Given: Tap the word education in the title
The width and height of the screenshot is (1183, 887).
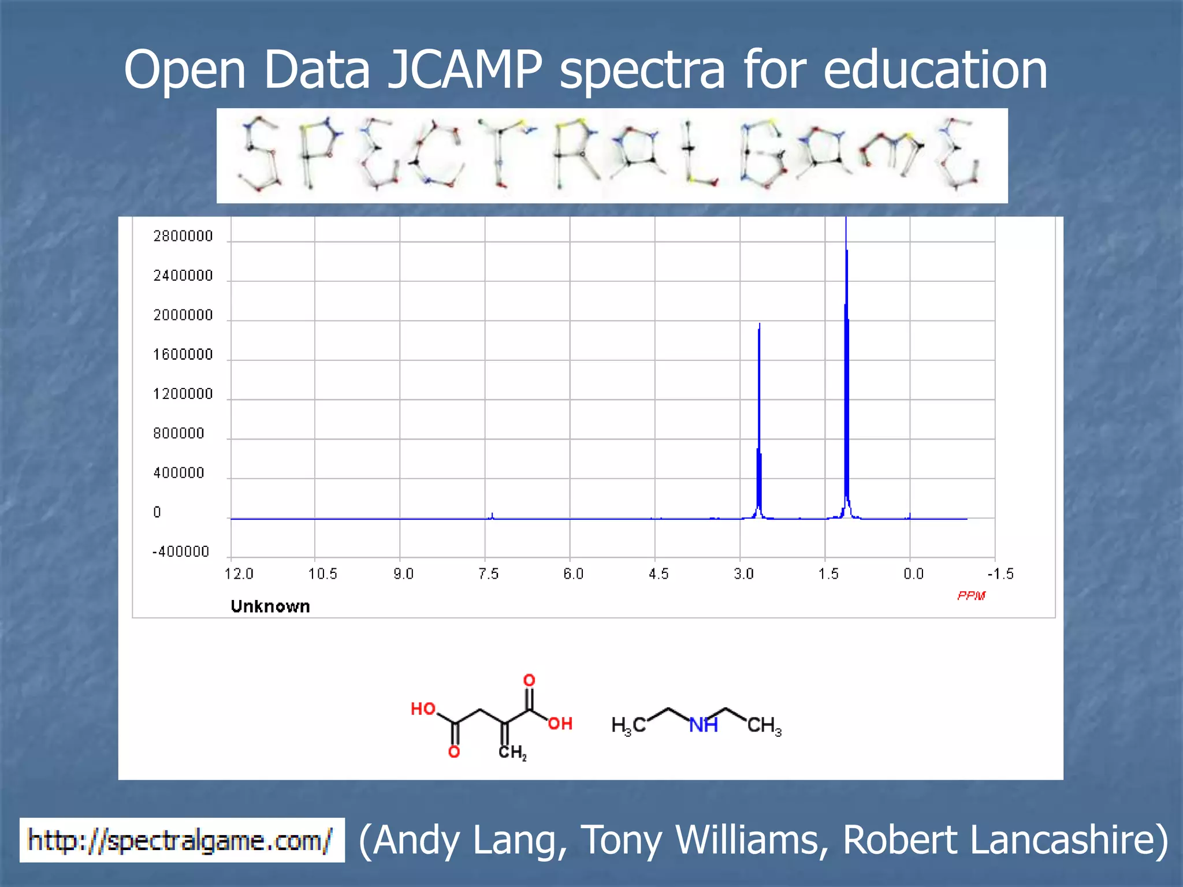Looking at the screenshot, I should tap(935, 70).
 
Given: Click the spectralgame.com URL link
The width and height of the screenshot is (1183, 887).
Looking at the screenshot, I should tap(181, 840).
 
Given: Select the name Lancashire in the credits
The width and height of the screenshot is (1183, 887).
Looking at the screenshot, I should tap(1005, 840).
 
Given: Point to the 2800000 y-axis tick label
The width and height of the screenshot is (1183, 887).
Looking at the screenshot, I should tap(183, 236).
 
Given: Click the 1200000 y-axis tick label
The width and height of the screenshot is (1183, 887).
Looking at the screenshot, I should tap(183, 394).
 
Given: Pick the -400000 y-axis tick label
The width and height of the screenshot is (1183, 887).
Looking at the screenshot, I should tap(180, 551).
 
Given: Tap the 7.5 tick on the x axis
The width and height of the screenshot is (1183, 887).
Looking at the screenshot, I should tap(488, 573).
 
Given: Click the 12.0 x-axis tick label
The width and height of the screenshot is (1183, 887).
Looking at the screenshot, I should tap(239, 573).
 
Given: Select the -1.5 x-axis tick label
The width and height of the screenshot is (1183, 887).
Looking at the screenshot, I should tap(1000, 573).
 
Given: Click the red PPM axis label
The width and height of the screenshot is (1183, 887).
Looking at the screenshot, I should tap(971, 595).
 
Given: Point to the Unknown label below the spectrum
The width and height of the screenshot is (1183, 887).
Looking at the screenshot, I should tap(270, 606).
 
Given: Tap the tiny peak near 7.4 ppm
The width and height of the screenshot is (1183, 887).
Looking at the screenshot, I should tap(492, 515).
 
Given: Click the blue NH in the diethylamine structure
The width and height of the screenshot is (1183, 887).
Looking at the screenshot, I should tap(703, 725).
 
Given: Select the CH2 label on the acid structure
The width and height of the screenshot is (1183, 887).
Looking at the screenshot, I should tap(512, 752).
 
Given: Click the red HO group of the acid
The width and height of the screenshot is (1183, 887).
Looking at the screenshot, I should tap(423, 709).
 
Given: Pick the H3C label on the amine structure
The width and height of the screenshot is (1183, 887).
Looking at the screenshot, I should tap(628, 725).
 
